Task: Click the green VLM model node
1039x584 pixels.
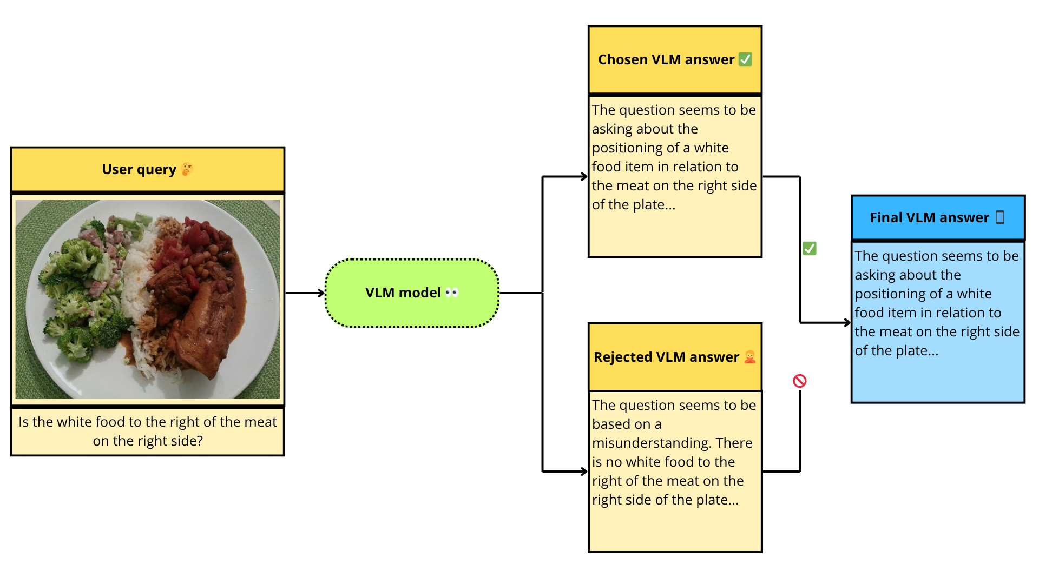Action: click(412, 293)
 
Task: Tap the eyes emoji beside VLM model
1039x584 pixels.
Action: click(452, 293)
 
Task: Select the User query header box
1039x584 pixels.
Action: click(148, 169)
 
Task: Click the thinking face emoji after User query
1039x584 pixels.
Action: click(187, 169)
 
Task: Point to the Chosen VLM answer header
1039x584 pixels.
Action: click(675, 59)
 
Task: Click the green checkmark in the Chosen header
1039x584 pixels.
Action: click(745, 59)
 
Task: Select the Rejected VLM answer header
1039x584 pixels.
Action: click(675, 357)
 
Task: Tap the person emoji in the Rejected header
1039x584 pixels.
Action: click(749, 357)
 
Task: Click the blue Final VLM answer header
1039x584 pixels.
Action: click(938, 217)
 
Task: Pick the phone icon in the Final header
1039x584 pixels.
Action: click(1000, 217)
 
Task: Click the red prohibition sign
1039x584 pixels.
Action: click(800, 381)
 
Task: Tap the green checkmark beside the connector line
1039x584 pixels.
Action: click(810, 248)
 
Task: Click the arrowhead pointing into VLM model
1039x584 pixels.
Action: click(321, 293)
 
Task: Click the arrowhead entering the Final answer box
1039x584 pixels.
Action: click(847, 323)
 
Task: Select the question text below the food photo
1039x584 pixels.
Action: click(148, 432)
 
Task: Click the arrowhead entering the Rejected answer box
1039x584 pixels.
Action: click(584, 472)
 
